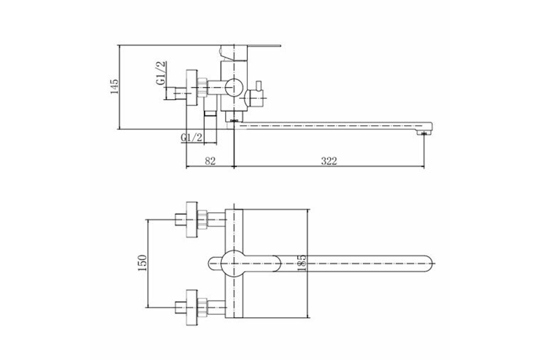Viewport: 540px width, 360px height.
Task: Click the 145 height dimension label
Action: pyautogui.click(x=114, y=86)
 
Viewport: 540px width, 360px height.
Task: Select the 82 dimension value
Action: pyautogui.click(x=210, y=161)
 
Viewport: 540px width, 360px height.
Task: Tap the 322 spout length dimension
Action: pyautogui.click(x=329, y=161)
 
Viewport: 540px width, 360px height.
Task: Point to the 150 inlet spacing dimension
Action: pyautogui.click(x=142, y=263)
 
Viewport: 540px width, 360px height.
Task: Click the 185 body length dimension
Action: pyautogui.click(x=302, y=263)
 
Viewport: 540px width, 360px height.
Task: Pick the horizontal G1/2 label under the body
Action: pyautogui.click(x=191, y=137)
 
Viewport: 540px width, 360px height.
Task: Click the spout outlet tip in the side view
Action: pyautogui.click(x=424, y=133)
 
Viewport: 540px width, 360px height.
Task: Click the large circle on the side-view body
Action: pyautogui.click(x=234, y=87)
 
